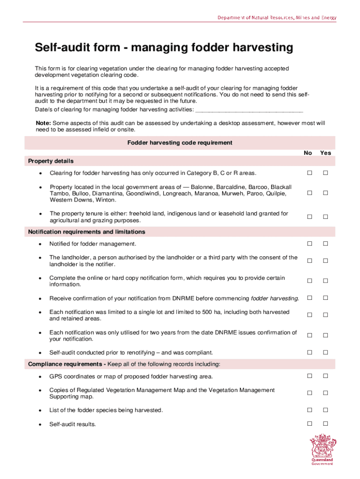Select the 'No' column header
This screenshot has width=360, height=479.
click(x=308, y=153)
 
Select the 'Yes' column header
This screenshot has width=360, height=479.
click(x=325, y=153)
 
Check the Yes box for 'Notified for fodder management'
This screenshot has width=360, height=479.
click(x=326, y=244)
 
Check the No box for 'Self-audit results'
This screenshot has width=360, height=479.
click(x=309, y=424)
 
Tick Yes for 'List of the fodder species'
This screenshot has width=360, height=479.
click(x=326, y=410)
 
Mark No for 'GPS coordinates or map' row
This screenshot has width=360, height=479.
click(x=309, y=376)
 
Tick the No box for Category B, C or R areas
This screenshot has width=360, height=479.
click(x=309, y=173)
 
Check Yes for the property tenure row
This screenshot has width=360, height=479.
click(x=326, y=217)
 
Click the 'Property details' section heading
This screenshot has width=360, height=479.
click(x=50, y=161)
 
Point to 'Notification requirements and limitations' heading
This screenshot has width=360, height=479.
click(x=86, y=232)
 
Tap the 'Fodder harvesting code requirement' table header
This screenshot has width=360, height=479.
click(x=180, y=143)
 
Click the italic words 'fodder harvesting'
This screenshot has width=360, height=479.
click(x=274, y=298)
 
